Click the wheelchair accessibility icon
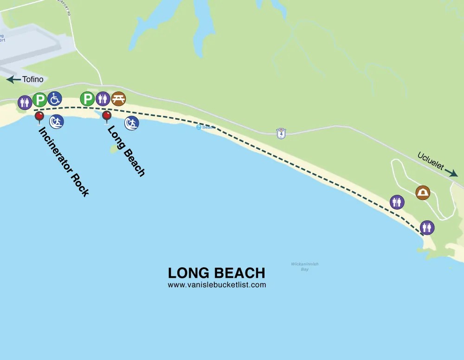point(54,98)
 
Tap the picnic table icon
point(118,98)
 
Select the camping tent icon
point(422,193)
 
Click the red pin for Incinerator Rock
point(39,116)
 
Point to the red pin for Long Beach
point(107,116)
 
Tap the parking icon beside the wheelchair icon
point(40,100)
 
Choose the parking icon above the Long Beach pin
point(87,98)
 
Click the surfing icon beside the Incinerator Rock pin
point(57,122)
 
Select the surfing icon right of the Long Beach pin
point(132,123)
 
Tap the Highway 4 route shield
point(281,133)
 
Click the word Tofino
point(33,79)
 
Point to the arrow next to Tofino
point(13,80)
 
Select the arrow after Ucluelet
point(451,173)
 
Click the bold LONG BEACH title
point(217,273)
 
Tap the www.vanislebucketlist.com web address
point(217,285)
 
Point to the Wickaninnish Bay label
point(304,266)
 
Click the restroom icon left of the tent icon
point(397,202)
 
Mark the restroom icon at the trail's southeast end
point(427,227)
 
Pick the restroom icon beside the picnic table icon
point(103,98)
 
